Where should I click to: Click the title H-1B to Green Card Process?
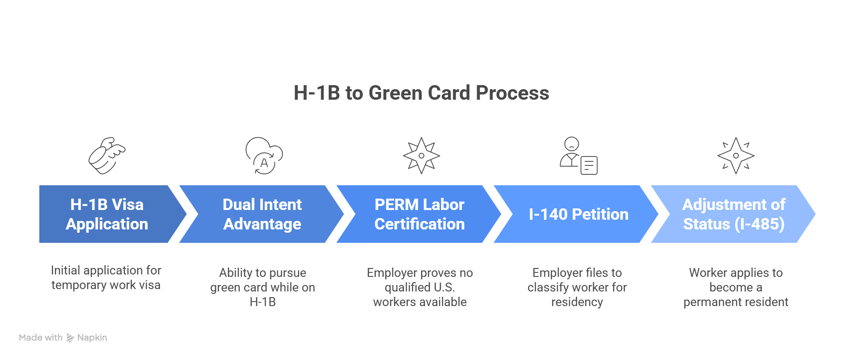click(421, 93)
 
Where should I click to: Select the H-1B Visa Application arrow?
click(107, 214)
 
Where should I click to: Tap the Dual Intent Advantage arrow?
click(262, 214)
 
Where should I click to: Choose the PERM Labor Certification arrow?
click(419, 214)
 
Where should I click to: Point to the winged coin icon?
click(107, 156)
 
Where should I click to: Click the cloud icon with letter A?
click(264, 156)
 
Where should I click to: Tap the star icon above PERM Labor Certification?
click(421, 156)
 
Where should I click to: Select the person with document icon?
click(579, 156)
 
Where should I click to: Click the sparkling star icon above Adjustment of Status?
click(736, 156)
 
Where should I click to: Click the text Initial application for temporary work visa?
click(106, 278)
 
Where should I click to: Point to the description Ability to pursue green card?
click(263, 287)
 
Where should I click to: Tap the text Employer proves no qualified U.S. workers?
click(420, 287)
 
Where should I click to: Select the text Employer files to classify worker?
click(577, 287)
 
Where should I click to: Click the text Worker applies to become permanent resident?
click(736, 287)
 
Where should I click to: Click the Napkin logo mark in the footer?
click(70, 338)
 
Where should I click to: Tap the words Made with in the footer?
click(41, 338)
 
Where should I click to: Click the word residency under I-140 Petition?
click(577, 302)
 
